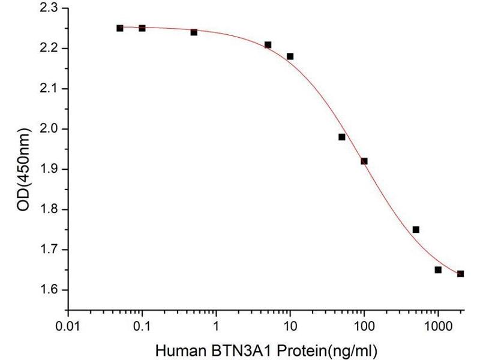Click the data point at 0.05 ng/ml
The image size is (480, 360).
pyautogui.click(x=120, y=28)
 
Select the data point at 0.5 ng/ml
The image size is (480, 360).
pyautogui.click(x=194, y=32)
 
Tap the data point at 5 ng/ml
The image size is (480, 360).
pyautogui.click(x=268, y=44)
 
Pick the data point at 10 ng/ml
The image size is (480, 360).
pyautogui.click(x=290, y=56)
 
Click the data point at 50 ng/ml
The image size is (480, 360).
pyautogui.click(x=341, y=137)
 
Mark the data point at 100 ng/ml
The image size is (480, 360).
pyautogui.click(x=364, y=161)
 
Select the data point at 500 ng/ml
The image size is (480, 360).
pyautogui.click(x=416, y=229)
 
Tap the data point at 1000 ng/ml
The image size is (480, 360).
pyautogui.click(x=438, y=269)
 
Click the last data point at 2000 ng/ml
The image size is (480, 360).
pyautogui.click(x=460, y=274)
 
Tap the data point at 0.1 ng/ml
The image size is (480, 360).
pyautogui.click(x=142, y=28)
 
